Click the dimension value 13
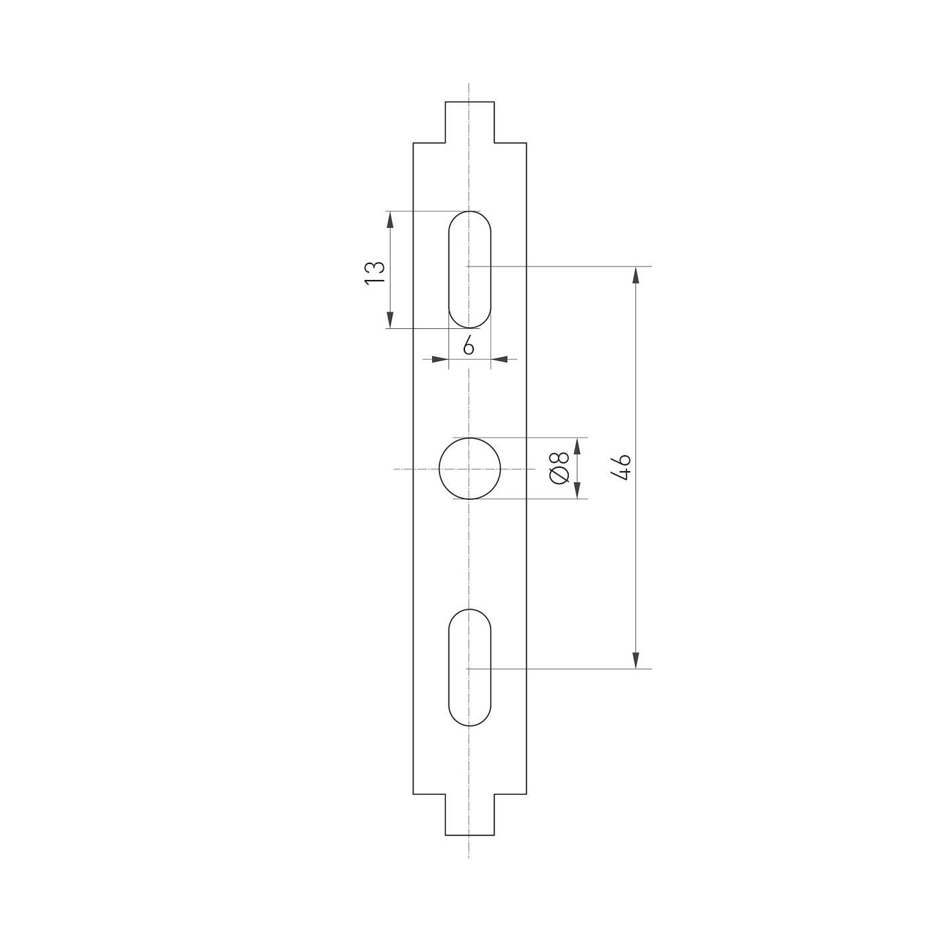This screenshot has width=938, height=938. [375, 272]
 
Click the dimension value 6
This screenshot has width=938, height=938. [468, 346]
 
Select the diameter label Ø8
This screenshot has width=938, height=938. [559, 468]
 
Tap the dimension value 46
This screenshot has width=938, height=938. [621, 467]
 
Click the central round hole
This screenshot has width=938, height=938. [470, 469]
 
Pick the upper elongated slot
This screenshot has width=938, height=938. [470, 269]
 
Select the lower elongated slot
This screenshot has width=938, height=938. [470, 667]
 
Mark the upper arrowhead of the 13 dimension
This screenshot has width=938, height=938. [389, 219]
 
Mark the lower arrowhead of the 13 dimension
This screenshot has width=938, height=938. [389, 320]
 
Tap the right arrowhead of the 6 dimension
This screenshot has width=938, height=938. [499, 360]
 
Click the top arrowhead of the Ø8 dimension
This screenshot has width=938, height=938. [576, 446]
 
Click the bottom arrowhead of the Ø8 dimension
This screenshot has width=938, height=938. [576, 491]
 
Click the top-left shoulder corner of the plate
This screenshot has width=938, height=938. [413, 143]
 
